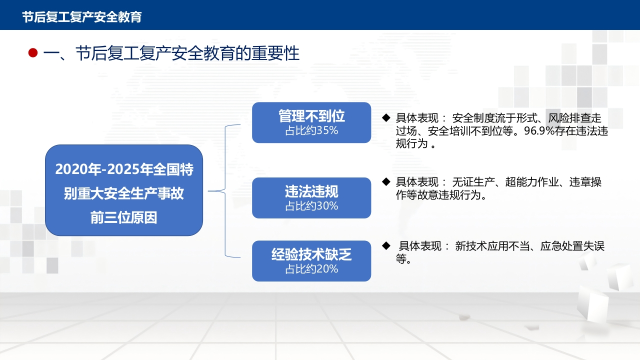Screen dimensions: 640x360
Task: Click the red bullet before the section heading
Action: tap(33, 53)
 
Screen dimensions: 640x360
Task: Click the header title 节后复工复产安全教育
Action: tap(82, 17)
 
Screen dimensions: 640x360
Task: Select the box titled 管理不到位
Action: tap(311, 122)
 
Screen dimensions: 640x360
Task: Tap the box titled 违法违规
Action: tap(311, 197)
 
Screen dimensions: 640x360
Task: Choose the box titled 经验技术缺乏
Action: tap(311, 261)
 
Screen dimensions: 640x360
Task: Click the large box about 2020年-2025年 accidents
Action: tap(124, 190)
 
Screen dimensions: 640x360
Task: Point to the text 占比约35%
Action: tap(311, 130)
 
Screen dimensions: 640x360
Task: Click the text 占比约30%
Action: tap(311, 205)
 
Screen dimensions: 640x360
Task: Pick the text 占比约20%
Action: tap(311, 269)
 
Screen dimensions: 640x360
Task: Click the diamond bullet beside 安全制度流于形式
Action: tap(386, 117)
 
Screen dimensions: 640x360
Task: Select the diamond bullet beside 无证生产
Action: tap(386, 181)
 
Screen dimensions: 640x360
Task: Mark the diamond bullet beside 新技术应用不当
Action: tap(386, 245)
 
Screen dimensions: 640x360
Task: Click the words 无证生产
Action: tap(473, 182)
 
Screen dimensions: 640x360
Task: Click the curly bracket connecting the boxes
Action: tap(225, 191)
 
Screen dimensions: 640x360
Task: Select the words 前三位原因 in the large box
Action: tap(123, 217)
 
